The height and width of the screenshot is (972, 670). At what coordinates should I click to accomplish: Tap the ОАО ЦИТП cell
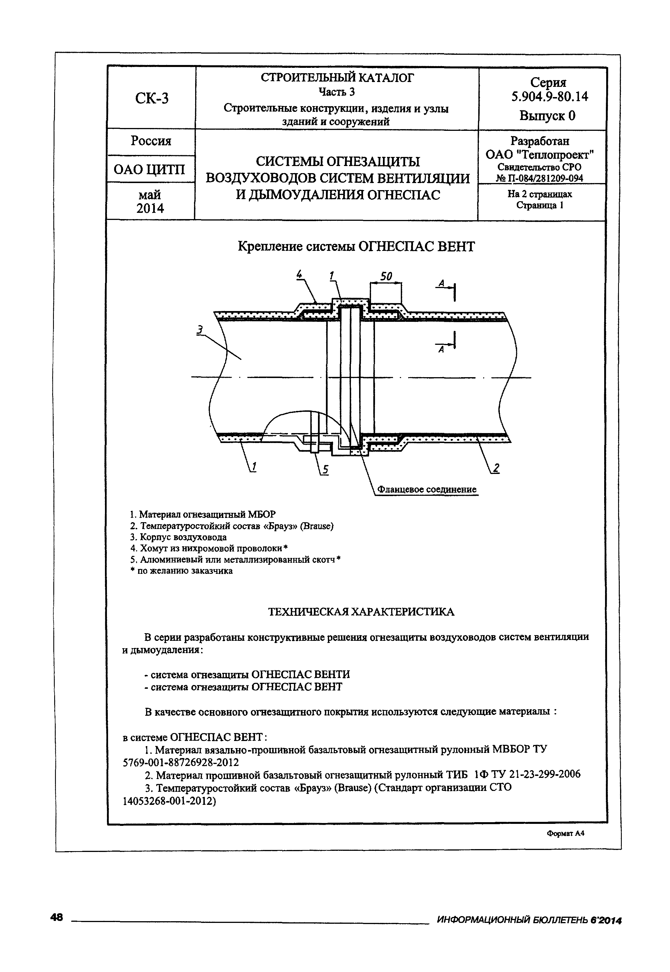149,170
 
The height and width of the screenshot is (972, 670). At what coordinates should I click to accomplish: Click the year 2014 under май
150,208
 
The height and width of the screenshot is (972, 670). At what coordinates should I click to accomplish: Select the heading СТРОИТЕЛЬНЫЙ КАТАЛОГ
337,78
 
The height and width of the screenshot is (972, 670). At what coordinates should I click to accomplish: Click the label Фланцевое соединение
427,489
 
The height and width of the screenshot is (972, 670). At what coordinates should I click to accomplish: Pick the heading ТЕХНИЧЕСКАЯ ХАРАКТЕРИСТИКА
361,612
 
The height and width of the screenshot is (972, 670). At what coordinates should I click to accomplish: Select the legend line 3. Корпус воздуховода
178,537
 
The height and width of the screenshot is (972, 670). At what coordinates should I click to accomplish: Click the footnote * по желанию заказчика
181,571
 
